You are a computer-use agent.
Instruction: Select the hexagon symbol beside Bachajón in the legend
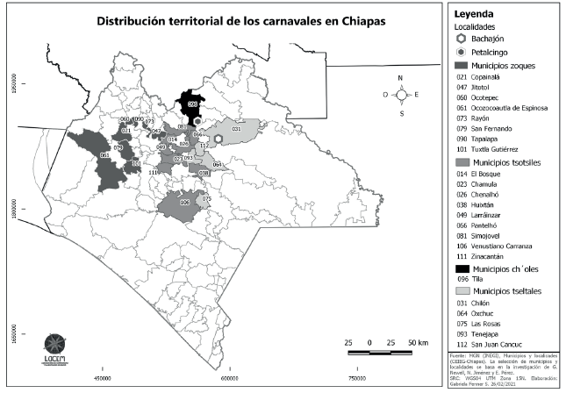click(x=462, y=40)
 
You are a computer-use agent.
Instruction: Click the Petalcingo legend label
click(x=492, y=54)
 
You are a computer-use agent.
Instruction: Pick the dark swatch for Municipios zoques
click(x=461, y=66)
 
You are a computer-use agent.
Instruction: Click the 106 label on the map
click(x=184, y=202)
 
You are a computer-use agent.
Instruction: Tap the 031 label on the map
click(x=236, y=129)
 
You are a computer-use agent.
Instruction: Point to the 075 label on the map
click(x=206, y=199)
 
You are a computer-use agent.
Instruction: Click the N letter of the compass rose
click(x=400, y=79)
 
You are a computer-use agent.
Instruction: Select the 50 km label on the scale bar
click(x=418, y=342)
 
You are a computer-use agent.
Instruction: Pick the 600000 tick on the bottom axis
click(x=229, y=379)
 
